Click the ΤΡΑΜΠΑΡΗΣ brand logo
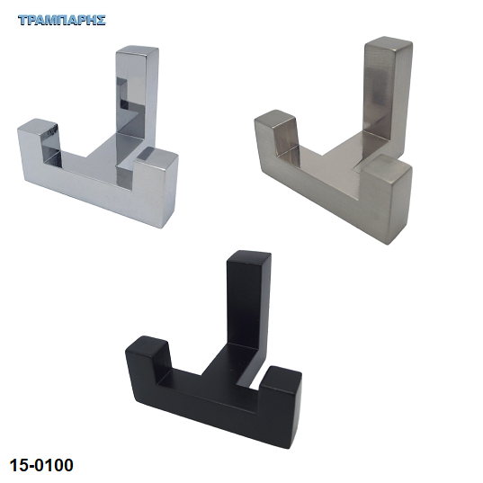(x=62, y=20)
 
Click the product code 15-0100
(x=41, y=465)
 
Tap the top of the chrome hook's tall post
(x=138, y=51)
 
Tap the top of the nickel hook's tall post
(x=389, y=42)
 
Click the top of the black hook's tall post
(x=249, y=255)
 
